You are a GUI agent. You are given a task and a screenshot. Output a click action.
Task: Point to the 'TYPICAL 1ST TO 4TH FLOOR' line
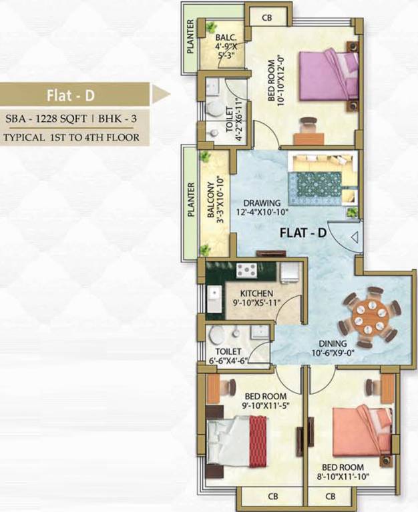pyautogui.click(x=71, y=138)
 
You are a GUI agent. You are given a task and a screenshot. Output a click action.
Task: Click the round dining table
pyautogui.click(x=368, y=318)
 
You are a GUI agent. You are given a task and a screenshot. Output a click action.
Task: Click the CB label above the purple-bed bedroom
pyautogui.click(x=267, y=18)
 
